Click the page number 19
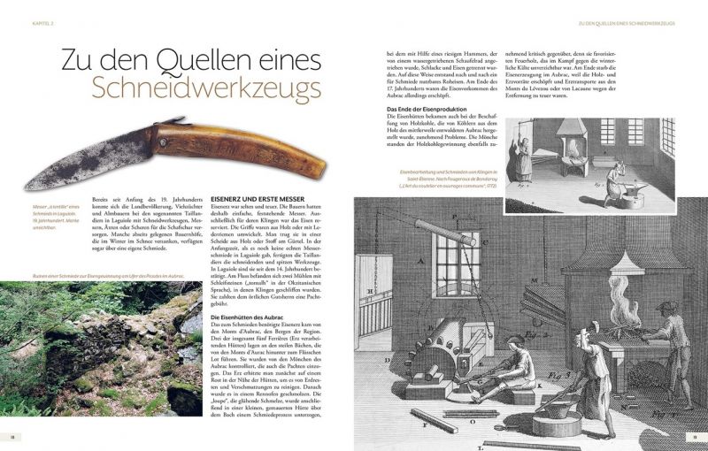point(695,437)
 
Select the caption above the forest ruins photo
point(93,275)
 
